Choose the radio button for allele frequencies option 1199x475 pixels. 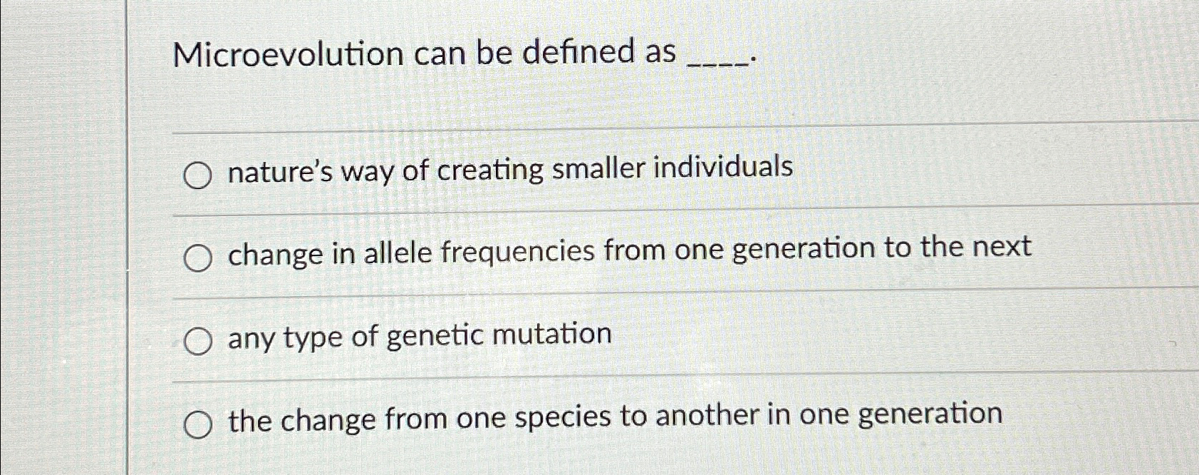tap(197, 259)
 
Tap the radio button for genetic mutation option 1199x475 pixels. tap(197, 342)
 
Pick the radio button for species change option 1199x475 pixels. tap(197, 426)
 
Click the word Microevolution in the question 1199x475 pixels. tap(288, 54)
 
